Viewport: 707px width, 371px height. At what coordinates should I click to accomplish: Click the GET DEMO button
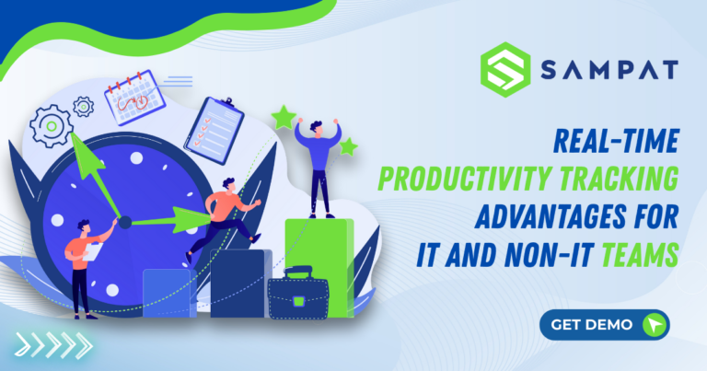point(604,325)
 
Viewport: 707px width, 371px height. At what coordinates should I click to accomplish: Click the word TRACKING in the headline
point(629,176)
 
